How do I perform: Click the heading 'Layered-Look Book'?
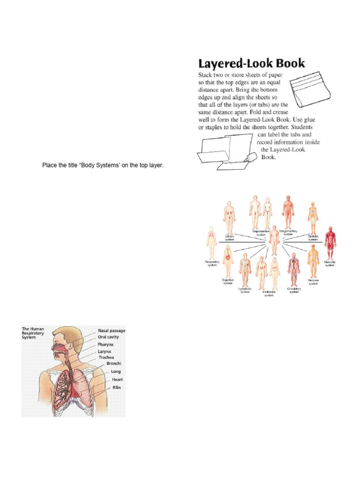point(251,63)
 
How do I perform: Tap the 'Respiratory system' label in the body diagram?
point(211,263)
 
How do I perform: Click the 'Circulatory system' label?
point(294,290)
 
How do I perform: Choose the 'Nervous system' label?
point(313,281)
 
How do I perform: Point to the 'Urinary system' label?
point(230,238)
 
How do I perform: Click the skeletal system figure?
point(312,217)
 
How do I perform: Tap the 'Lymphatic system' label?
point(245,290)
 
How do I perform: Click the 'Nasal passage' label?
point(112,330)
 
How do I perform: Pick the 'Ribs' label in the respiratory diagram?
point(117,388)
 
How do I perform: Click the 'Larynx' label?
point(105,351)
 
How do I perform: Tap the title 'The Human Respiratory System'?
point(33,333)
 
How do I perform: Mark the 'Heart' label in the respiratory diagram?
point(117,379)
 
